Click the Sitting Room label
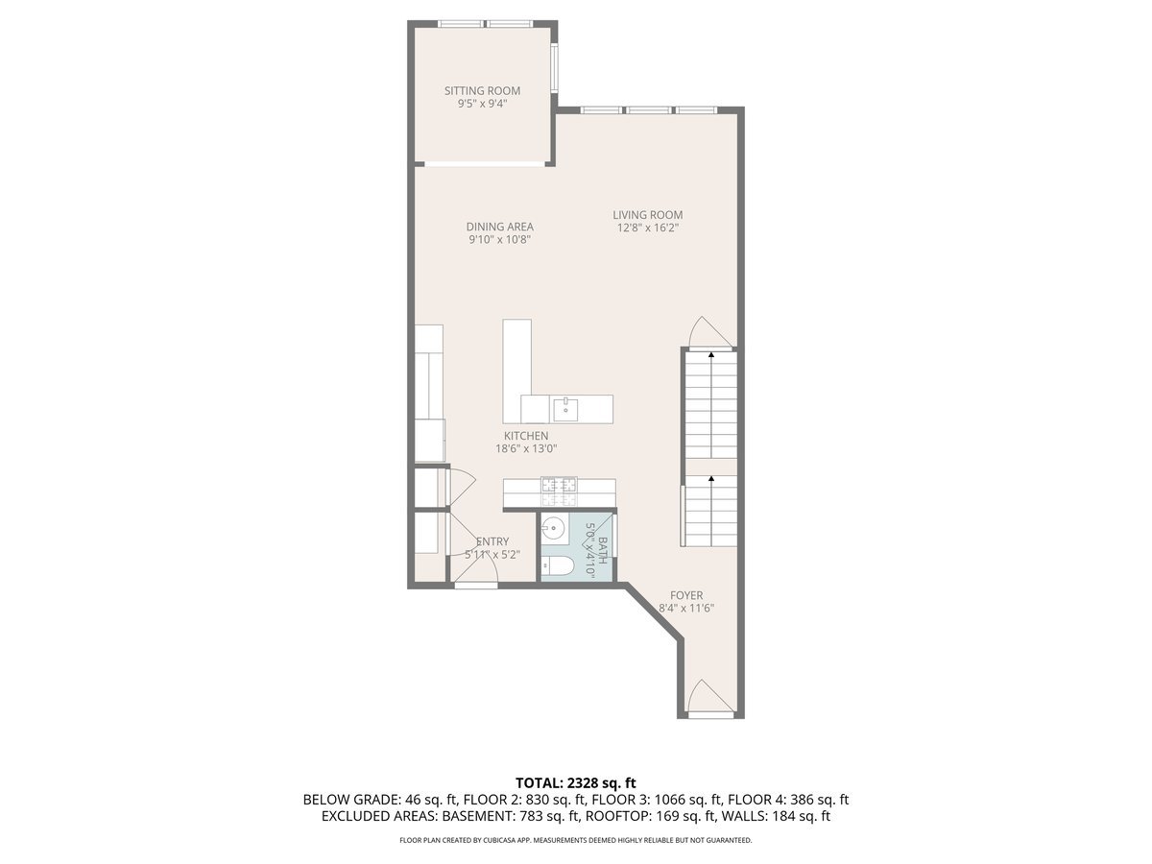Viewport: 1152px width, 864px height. pyautogui.click(x=482, y=91)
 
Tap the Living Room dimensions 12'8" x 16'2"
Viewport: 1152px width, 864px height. pyautogui.click(x=648, y=228)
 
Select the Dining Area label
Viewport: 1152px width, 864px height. pyautogui.click(x=499, y=227)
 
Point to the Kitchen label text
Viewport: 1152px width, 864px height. pyautogui.click(x=526, y=436)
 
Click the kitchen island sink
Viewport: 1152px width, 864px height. pyautogui.click(x=564, y=410)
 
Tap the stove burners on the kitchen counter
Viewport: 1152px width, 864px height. pyautogui.click(x=559, y=492)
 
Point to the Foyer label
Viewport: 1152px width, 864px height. pyautogui.click(x=686, y=595)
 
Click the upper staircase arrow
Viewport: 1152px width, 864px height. pyautogui.click(x=711, y=355)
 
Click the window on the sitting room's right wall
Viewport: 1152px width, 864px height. pyautogui.click(x=554, y=67)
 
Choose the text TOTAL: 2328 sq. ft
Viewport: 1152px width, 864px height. pyautogui.click(x=576, y=782)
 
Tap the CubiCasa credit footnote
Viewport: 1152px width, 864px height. pyautogui.click(x=576, y=840)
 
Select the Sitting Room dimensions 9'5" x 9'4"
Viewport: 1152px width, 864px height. pyautogui.click(x=482, y=105)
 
